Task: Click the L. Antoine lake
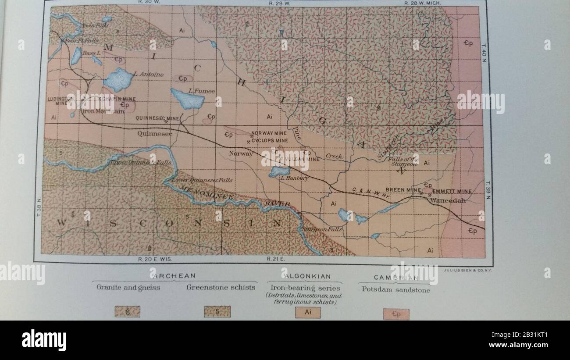tap(118, 79)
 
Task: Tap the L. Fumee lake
tap(188, 100)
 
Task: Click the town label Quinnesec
tap(154, 133)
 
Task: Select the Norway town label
tap(241, 153)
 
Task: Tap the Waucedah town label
tap(448, 200)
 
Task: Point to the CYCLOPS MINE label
tap(270, 141)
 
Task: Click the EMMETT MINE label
tap(452, 191)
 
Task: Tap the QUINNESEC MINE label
tap(151, 118)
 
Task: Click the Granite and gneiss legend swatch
tap(127, 311)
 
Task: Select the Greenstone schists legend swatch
tap(217, 311)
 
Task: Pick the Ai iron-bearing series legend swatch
tap(307, 313)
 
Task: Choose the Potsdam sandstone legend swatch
tap(396, 314)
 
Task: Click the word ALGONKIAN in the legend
tap(307, 276)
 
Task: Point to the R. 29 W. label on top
tap(280, 3)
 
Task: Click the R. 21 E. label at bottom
tap(276, 259)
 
